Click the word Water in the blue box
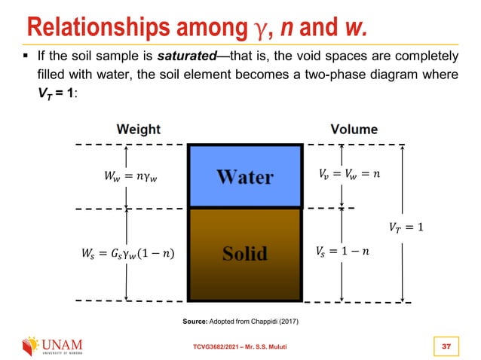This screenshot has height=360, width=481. coord(245,178)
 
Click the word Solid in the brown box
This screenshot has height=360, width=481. coord(245,253)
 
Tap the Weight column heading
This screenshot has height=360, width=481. coord(139,130)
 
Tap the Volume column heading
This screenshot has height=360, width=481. coord(354,130)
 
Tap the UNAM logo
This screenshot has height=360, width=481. coord(54,346)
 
